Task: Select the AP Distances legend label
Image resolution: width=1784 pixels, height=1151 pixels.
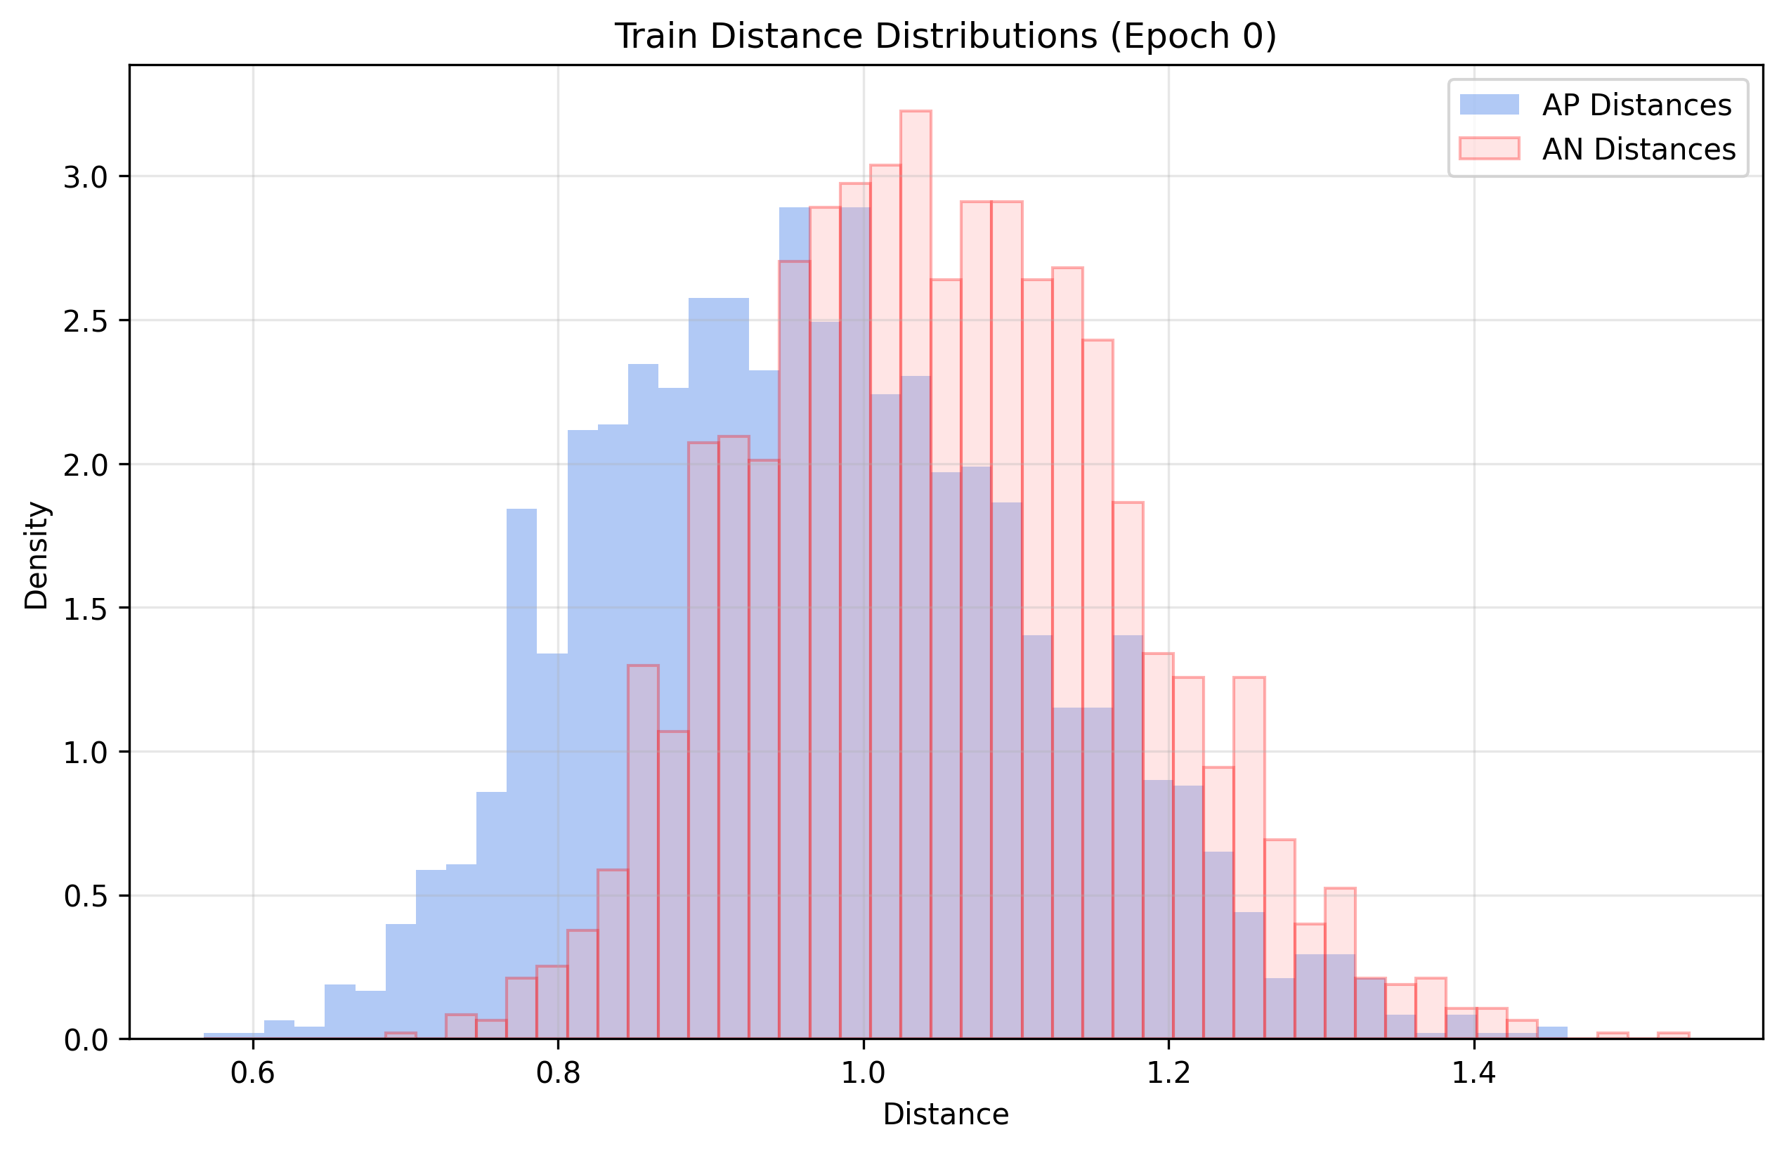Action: (x=1636, y=105)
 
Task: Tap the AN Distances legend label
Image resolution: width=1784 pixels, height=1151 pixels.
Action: (x=1639, y=150)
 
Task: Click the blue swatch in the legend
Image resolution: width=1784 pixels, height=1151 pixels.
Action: (x=1489, y=105)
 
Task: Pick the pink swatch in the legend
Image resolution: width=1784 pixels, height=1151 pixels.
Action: (x=1489, y=149)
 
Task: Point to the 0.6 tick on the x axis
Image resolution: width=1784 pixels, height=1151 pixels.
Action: (x=253, y=1073)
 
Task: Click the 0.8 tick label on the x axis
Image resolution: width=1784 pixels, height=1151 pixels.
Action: (x=558, y=1073)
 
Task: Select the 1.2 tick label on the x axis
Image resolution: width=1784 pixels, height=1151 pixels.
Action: (x=1168, y=1073)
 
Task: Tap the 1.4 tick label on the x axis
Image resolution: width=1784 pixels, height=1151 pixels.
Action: (x=1473, y=1073)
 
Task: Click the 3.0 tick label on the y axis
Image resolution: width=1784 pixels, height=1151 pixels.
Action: (x=86, y=178)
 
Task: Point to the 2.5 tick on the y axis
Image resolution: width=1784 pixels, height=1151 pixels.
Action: (x=86, y=321)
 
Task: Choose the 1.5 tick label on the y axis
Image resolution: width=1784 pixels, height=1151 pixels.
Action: (x=86, y=609)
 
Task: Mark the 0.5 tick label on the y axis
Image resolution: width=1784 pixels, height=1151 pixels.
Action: (x=86, y=896)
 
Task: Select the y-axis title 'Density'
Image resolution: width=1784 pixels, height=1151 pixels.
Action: (x=36, y=555)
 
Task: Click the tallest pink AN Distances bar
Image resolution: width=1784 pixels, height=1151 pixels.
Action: (x=916, y=524)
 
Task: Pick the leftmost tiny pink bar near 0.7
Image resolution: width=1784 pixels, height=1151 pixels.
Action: (x=401, y=1035)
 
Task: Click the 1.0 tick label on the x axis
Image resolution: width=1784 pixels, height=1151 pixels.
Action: (x=864, y=1073)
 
